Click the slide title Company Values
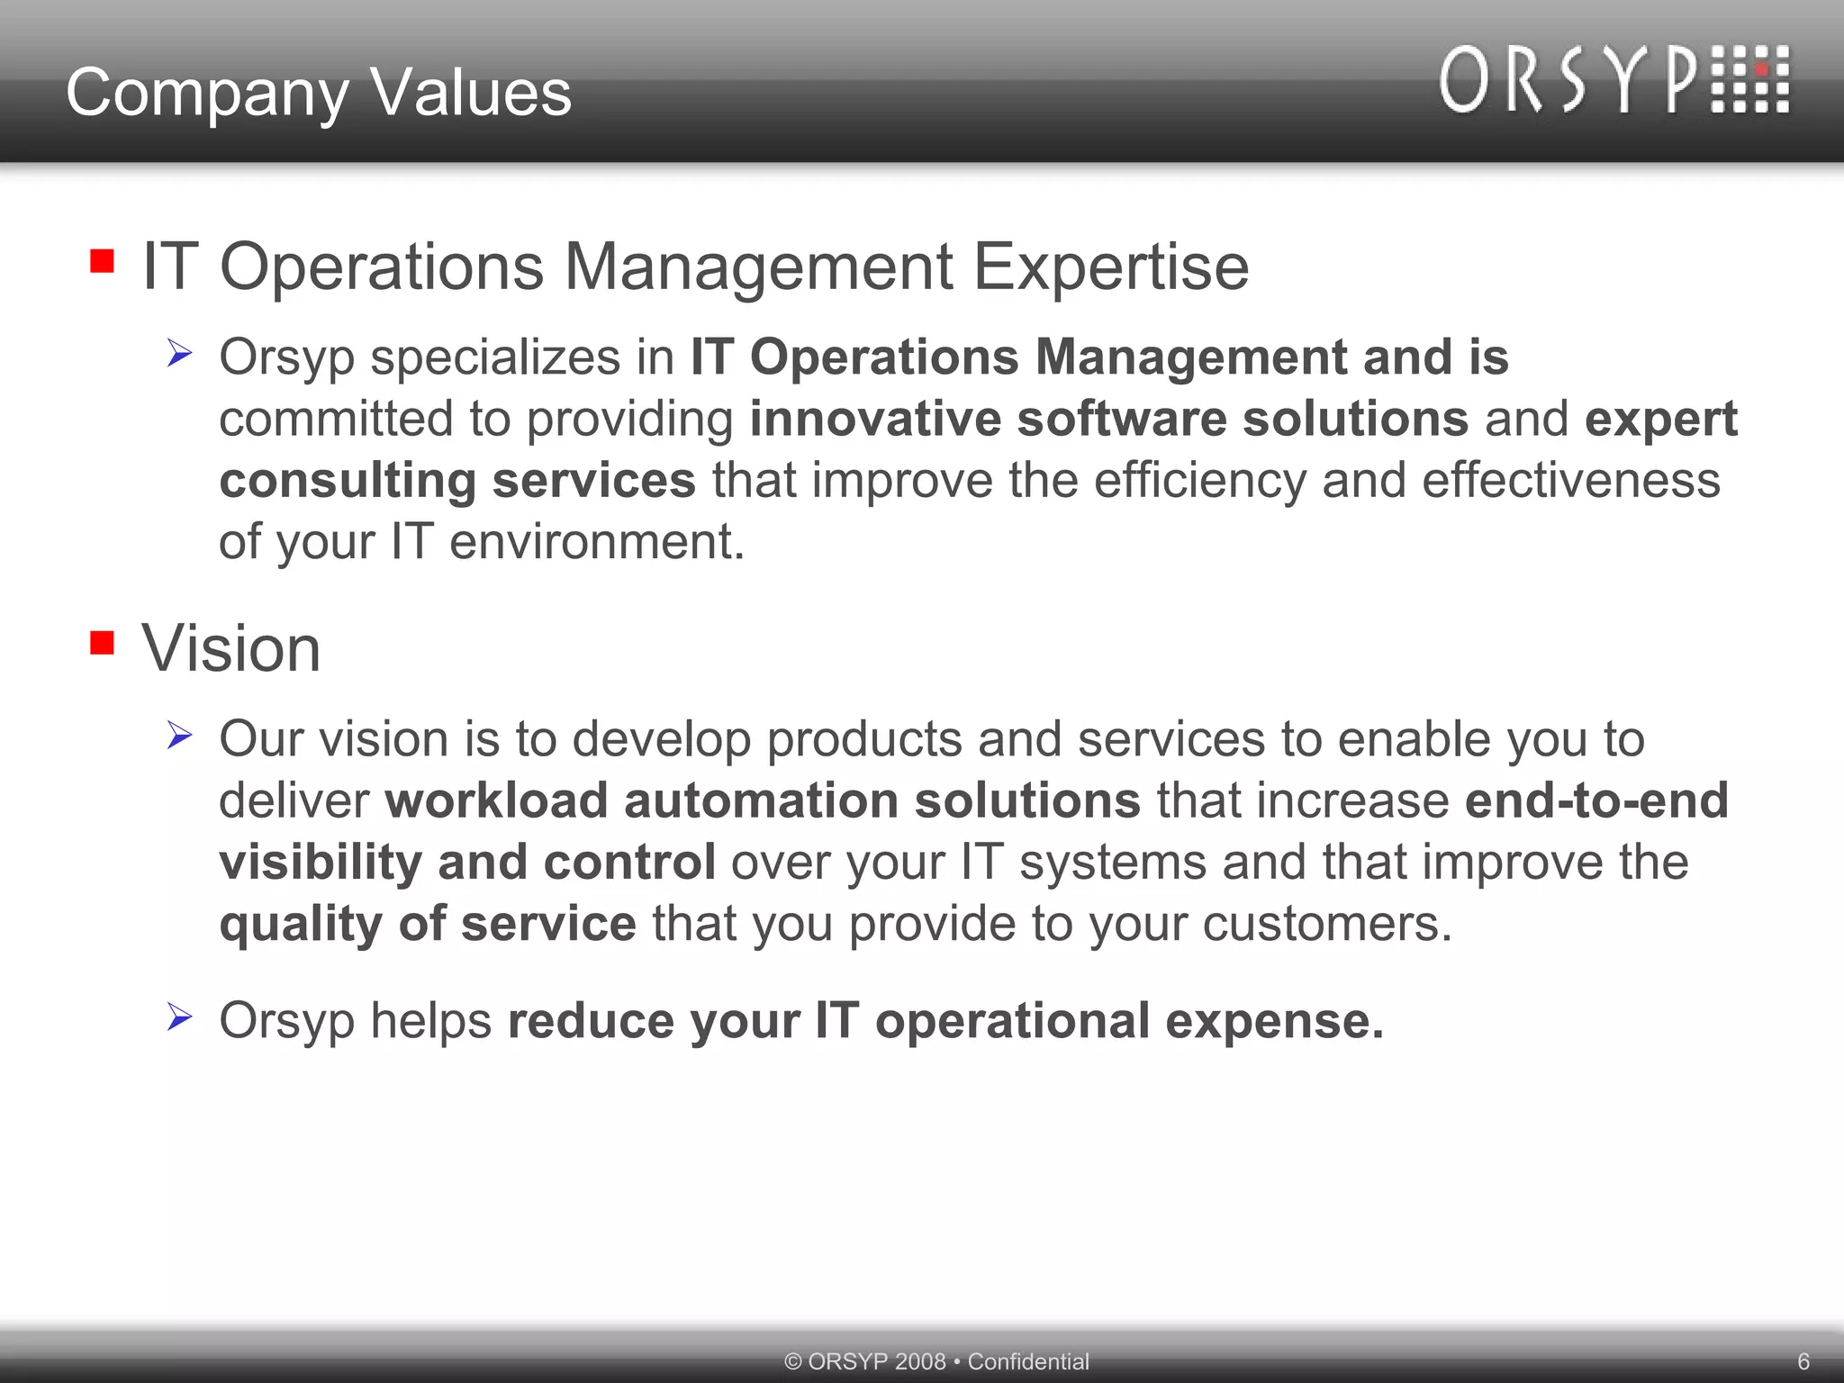[319, 93]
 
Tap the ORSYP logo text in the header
[1568, 81]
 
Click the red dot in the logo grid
[1760, 70]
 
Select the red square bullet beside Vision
[102, 643]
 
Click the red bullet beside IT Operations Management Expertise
[102, 261]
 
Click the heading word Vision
[231, 648]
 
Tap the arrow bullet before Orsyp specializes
[179, 353]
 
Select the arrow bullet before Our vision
[179, 736]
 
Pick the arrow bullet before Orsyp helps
[179, 1017]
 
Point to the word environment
[597, 542]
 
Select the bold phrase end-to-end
[1596, 800]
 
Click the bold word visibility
[321, 862]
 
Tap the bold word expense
[1275, 1021]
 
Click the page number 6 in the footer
[1803, 1361]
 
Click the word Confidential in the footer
[1028, 1361]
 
